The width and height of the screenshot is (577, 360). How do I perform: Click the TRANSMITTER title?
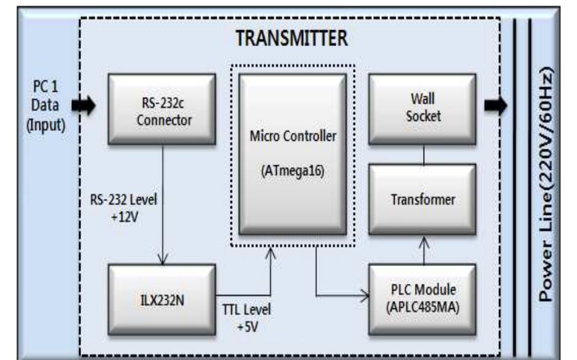coord(292,38)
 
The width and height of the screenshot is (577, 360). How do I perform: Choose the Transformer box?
coord(423,200)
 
